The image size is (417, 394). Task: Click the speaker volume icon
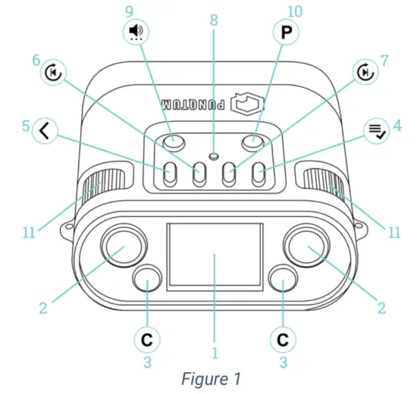[x=136, y=32]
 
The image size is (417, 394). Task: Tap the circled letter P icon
[x=286, y=32]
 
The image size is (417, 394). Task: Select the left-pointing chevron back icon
[x=45, y=131]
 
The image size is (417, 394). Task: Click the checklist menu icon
[x=377, y=131]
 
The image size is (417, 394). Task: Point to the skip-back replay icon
[x=54, y=72]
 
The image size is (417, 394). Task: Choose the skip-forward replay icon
[x=365, y=72]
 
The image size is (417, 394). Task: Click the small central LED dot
[x=214, y=156]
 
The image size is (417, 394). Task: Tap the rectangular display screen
[x=215, y=257]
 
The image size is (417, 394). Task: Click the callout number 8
[x=214, y=20]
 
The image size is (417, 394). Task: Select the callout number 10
[x=295, y=11]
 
